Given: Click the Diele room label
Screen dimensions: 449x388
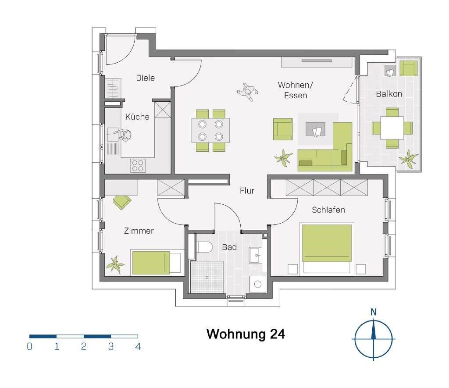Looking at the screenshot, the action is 146,78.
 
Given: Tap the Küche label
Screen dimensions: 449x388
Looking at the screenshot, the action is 137,117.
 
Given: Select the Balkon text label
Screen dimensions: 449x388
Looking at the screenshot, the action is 389,94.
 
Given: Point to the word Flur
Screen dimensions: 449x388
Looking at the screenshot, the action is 247,191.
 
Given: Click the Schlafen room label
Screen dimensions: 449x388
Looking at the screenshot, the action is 328,210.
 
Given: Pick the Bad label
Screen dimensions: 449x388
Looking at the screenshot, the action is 229,247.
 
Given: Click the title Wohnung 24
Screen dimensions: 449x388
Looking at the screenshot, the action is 246,334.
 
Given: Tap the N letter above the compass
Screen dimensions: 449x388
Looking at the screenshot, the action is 374,312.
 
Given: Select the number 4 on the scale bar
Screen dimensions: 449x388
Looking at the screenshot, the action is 138,346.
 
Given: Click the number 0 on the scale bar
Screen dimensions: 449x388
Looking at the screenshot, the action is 29,346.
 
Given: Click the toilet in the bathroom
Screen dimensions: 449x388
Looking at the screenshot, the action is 204,247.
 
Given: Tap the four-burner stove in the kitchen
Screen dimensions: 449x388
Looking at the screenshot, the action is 138,166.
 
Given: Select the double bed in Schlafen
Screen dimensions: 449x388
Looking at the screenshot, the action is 327,248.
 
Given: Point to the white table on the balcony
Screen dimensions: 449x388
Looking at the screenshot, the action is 392,128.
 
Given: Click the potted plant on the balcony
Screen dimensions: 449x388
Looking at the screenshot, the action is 409,158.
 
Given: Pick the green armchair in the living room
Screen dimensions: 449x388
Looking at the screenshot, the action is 283,129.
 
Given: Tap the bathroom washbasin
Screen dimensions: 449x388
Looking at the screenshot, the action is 256,255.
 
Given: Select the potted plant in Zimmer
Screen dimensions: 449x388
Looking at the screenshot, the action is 115,265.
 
